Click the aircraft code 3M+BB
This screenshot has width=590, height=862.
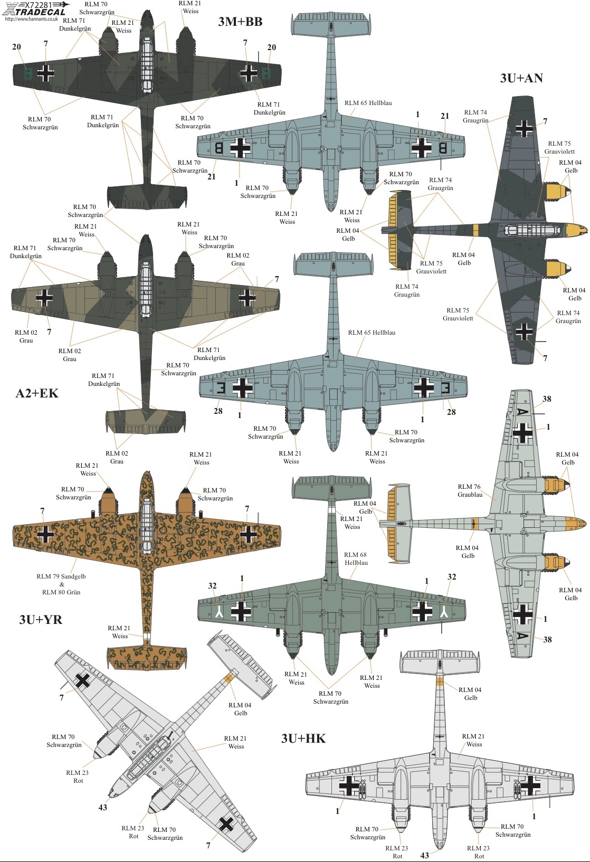click(240, 22)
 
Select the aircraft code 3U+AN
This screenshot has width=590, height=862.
click(521, 78)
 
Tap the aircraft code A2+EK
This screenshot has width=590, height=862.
click(37, 393)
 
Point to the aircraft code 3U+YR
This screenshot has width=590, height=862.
click(41, 619)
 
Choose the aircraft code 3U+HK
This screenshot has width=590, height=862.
click(303, 738)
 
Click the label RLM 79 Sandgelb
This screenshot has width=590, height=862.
click(61, 576)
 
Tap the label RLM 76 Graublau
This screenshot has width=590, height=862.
click(470, 490)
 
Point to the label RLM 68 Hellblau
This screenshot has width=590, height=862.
click(356, 558)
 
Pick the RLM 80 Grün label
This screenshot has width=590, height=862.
click(61, 592)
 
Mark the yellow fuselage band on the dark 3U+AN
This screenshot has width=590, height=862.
click(475, 230)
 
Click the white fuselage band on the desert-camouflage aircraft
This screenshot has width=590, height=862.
click(146, 636)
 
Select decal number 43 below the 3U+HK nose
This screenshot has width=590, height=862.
click(425, 855)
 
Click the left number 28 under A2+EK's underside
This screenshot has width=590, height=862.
click(218, 411)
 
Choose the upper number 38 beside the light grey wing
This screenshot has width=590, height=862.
click(547, 399)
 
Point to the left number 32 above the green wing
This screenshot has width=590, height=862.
click(212, 585)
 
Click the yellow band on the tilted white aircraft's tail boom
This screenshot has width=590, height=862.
click(229, 679)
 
